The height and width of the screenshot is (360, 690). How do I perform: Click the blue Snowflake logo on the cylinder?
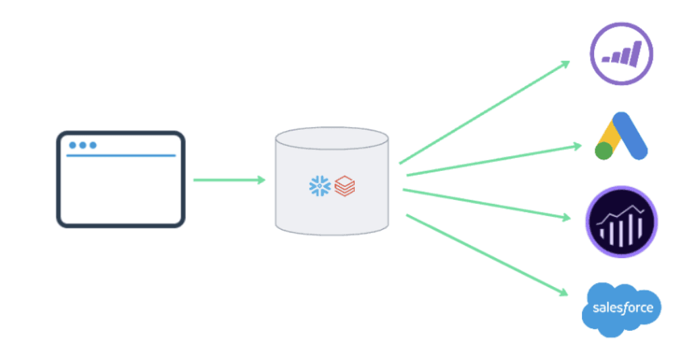318,186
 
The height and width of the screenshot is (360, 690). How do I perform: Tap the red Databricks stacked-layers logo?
344,186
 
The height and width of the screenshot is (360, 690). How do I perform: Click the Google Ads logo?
621,135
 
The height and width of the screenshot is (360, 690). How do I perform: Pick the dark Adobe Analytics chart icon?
621,222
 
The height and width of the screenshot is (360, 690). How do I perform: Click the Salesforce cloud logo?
622,309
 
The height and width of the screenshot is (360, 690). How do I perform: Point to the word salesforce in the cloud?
622,308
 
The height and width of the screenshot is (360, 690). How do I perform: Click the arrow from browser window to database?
228,180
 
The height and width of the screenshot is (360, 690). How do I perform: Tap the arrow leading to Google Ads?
493,159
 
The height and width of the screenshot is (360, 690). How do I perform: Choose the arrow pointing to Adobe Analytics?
487,203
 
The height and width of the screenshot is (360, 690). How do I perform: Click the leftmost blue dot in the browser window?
72,145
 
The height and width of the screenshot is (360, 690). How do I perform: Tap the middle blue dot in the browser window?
82,145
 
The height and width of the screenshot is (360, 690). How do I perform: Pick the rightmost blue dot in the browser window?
93,145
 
